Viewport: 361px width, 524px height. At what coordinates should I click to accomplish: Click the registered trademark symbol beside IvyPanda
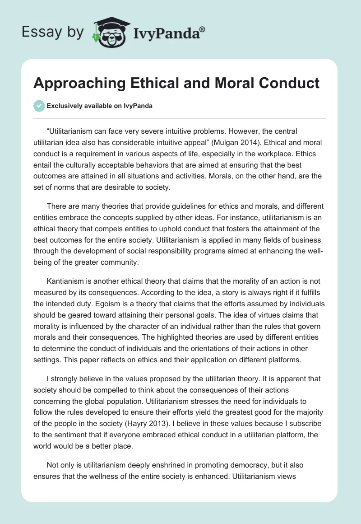pos(203,29)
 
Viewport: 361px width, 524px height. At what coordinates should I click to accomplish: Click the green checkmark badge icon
pos(39,106)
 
